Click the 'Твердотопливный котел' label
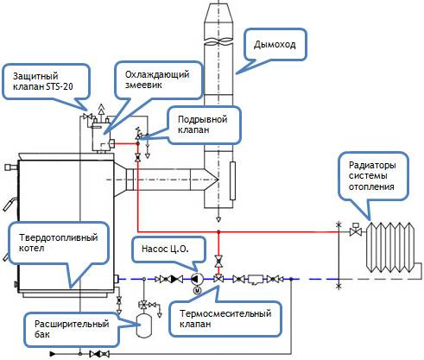51,244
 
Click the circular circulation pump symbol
198,279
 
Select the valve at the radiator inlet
354,231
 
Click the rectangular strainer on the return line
255,279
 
